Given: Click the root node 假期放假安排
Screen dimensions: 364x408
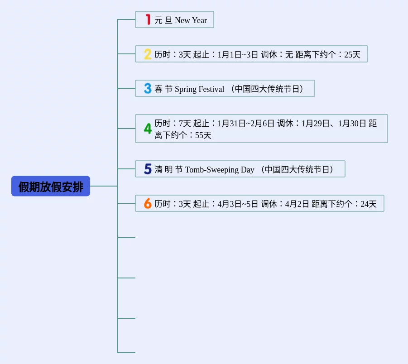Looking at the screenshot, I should click(x=51, y=186).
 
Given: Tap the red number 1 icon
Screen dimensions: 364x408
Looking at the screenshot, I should click(x=148, y=19).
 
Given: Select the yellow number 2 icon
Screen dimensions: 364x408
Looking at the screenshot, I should click(x=148, y=54).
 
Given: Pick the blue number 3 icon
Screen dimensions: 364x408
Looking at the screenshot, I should click(x=148, y=88).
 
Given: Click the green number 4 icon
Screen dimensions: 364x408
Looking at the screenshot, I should click(x=148, y=129).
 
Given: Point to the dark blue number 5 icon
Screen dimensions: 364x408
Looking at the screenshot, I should click(x=148, y=169).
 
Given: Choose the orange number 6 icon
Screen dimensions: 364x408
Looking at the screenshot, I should click(x=148, y=204).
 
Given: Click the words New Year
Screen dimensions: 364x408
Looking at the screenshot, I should click(x=191, y=20).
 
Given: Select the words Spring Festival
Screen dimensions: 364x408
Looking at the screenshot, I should click(x=199, y=89).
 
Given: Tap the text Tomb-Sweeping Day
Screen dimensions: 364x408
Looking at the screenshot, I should click(x=220, y=170).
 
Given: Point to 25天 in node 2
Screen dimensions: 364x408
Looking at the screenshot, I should click(x=352, y=55).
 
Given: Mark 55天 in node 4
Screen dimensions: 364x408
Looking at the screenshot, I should click(x=203, y=135).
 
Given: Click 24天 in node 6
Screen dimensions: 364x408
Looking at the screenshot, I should click(x=369, y=204).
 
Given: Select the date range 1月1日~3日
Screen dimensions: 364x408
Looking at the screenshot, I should click(x=238, y=55).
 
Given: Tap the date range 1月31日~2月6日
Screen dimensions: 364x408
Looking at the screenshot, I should click(x=246, y=123).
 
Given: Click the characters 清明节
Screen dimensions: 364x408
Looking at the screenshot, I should click(x=168, y=170).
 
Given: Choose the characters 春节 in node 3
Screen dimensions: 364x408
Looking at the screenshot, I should click(x=163, y=89).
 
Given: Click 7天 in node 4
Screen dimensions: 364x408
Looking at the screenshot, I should click(x=185, y=123).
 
